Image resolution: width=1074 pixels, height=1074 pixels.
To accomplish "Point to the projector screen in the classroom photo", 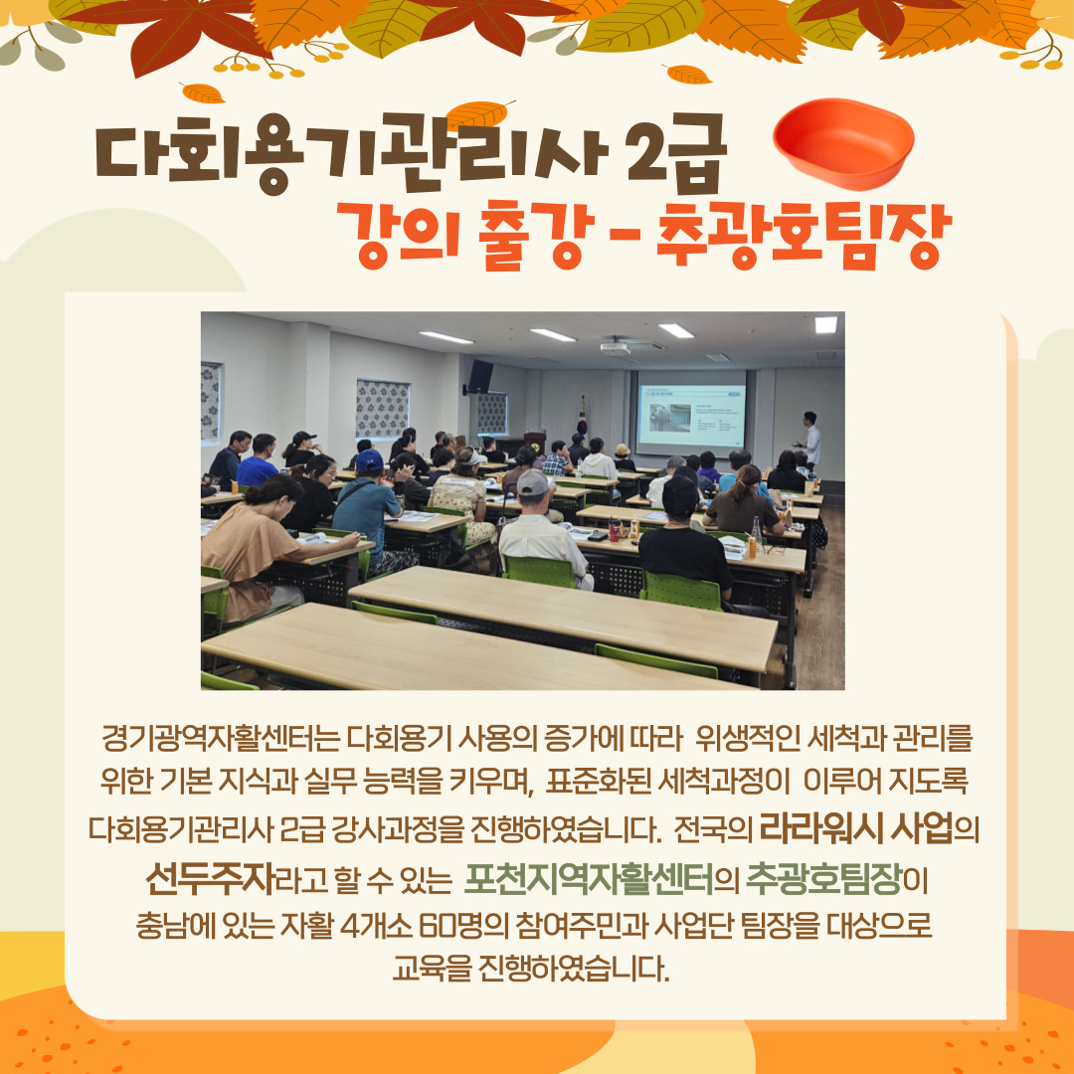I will [x=690, y=416].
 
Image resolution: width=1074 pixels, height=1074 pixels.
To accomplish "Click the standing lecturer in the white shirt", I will [x=810, y=443].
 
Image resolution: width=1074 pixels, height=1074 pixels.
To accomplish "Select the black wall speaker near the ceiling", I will [x=481, y=375].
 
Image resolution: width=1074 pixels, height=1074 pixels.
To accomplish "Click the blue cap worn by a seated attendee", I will [x=369, y=460].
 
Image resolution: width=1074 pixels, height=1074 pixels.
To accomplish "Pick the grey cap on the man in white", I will [x=533, y=483].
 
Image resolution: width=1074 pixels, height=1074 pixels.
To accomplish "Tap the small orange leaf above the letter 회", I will [x=203, y=93].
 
